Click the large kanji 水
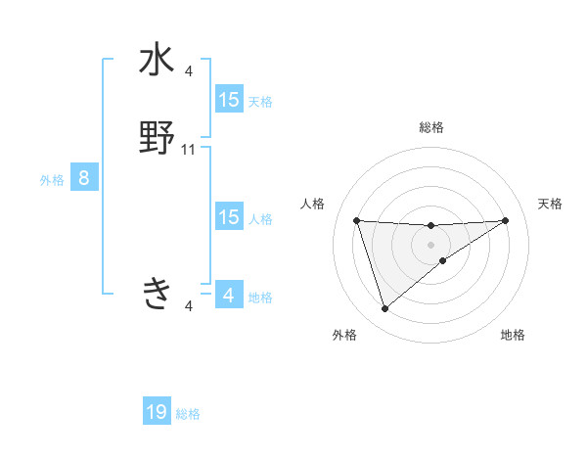click(x=157, y=61)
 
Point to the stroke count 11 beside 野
click(x=189, y=150)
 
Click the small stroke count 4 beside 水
click(x=189, y=70)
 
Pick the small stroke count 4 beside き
click(x=189, y=306)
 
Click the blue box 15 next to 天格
click(x=229, y=100)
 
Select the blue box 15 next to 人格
click(x=229, y=217)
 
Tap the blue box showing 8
click(x=84, y=178)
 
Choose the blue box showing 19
click(x=157, y=412)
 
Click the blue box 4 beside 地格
click(x=229, y=295)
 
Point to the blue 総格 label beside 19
click(x=189, y=414)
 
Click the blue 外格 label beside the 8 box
click(x=52, y=180)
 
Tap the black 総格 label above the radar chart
click(x=431, y=127)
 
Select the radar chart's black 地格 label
click(x=513, y=336)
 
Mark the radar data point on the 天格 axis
click(x=506, y=220)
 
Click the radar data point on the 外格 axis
click(x=385, y=309)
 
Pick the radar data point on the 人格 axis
click(x=357, y=220)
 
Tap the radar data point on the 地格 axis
click(x=443, y=259)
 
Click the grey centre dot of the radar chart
click(x=431, y=244)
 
